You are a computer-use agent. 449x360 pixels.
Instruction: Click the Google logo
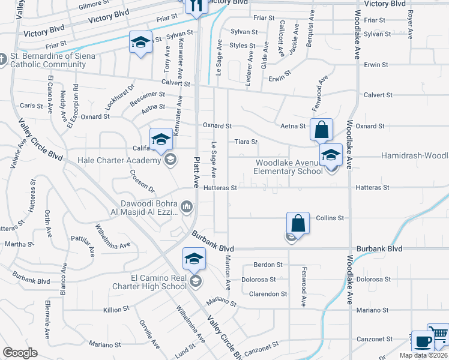(x=20, y=353)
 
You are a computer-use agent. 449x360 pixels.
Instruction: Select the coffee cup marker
(x=423, y=341)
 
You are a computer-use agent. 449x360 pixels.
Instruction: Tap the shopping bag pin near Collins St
(x=298, y=223)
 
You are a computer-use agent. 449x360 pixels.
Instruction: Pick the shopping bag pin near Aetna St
(x=321, y=129)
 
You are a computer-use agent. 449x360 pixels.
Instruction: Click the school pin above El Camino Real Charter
(x=194, y=259)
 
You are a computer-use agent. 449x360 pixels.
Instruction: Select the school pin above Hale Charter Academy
(x=161, y=140)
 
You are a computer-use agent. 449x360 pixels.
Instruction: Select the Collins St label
(x=330, y=218)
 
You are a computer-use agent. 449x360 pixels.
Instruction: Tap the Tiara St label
(x=246, y=142)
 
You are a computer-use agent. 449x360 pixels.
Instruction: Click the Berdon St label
(x=268, y=265)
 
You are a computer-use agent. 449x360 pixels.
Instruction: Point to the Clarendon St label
(x=268, y=294)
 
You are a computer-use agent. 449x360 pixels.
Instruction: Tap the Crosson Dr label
(x=142, y=181)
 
